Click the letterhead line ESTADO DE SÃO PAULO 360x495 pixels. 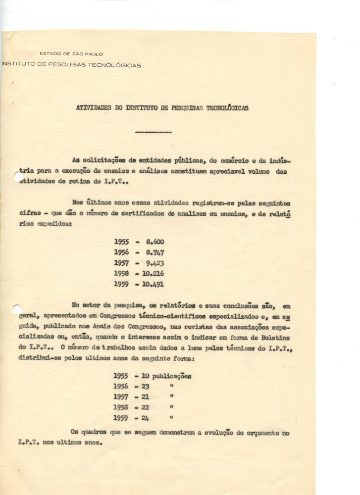point(71,53)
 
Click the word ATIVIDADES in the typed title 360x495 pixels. point(92,107)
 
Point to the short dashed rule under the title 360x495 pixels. point(154,133)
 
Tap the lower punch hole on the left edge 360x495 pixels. point(17,309)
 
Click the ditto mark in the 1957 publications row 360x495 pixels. point(171,396)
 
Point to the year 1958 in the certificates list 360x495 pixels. point(121,273)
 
